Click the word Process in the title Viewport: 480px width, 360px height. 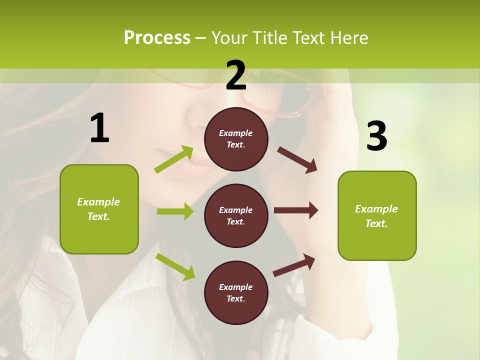click(157, 37)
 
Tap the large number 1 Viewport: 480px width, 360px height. click(99, 128)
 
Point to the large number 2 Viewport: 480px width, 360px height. click(235, 75)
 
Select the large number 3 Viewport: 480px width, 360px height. click(376, 136)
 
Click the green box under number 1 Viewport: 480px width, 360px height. click(99, 209)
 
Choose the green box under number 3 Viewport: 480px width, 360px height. click(377, 216)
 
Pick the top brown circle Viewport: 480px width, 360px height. click(236, 139)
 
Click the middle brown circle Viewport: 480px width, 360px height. click(236, 215)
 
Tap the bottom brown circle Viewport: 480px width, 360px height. click(236, 292)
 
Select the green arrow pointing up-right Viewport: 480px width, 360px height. click(174, 159)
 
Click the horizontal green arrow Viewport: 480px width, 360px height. click(175, 211)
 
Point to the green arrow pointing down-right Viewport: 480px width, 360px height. click(175, 266)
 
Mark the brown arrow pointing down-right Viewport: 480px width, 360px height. click(297, 160)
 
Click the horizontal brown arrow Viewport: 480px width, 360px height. click(296, 210)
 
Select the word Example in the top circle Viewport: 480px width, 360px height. click(236, 133)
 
